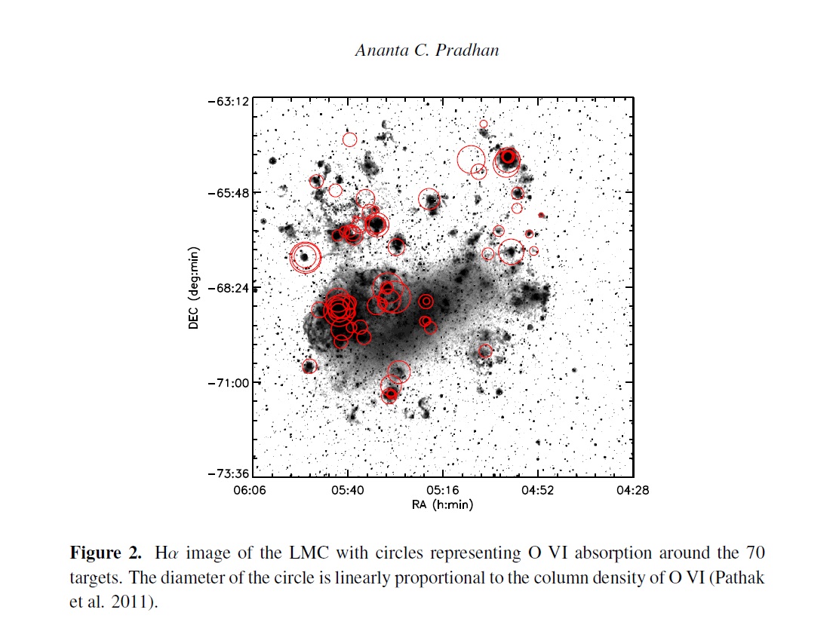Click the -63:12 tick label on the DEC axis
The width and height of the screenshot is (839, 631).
tap(229, 101)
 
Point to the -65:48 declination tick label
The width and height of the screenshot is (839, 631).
tap(229, 192)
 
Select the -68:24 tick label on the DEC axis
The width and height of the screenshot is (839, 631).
tap(229, 288)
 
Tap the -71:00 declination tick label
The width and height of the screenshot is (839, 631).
tap(229, 383)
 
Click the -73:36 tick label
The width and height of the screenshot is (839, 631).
tap(229, 473)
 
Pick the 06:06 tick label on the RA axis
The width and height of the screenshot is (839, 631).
tap(249, 490)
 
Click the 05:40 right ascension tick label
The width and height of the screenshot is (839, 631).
tap(347, 490)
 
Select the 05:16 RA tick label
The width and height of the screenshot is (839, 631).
tap(442, 490)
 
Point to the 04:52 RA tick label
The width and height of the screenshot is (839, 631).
tap(538, 490)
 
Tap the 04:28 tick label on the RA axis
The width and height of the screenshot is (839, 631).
tap(632, 490)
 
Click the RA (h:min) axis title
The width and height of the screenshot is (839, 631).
tap(442, 504)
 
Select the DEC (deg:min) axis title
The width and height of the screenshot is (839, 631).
tap(193, 288)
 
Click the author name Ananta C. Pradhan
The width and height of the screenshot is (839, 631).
tap(427, 50)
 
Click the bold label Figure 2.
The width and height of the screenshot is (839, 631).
tap(106, 553)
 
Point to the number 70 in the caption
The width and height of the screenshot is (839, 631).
tap(755, 553)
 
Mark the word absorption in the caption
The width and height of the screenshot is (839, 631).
tap(613, 553)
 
